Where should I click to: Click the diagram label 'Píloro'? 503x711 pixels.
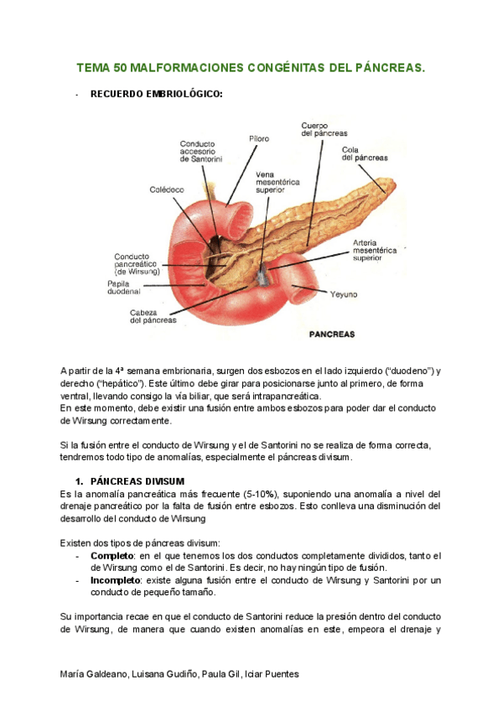pyautogui.click(x=259, y=138)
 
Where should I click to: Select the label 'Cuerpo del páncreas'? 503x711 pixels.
pyautogui.click(x=324, y=129)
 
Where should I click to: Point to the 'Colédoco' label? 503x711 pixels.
pyautogui.click(x=168, y=189)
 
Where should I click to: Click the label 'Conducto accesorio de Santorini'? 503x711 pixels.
pyautogui.click(x=200, y=152)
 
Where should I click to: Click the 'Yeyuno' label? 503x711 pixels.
pyautogui.click(x=343, y=294)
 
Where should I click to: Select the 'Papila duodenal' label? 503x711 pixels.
pyautogui.click(x=124, y=288)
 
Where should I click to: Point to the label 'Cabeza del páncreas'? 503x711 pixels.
pyautogui.click(x=153, y=316)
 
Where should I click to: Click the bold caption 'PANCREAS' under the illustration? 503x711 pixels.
pyautogui.click(x=332, y=334)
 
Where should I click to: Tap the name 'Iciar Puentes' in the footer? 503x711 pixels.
pyautogui.click(x=272, y=675)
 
